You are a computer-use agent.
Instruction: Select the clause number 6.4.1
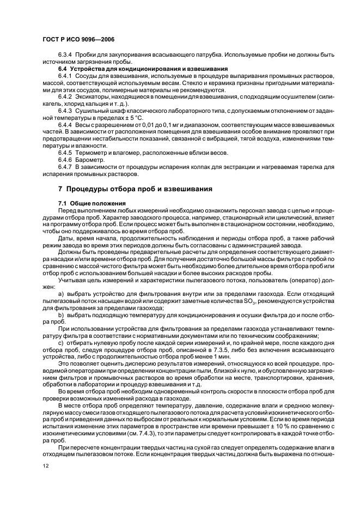[67, 77]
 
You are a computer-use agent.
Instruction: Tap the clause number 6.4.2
[67, 96]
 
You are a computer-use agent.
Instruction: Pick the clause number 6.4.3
[67, 110]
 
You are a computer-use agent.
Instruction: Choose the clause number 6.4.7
[67, 168]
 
